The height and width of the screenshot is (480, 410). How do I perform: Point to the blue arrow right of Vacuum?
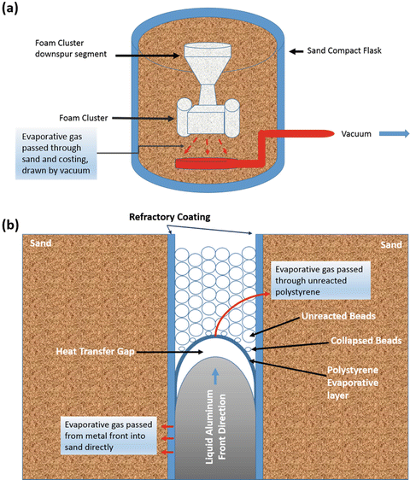[x=391, y=135]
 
